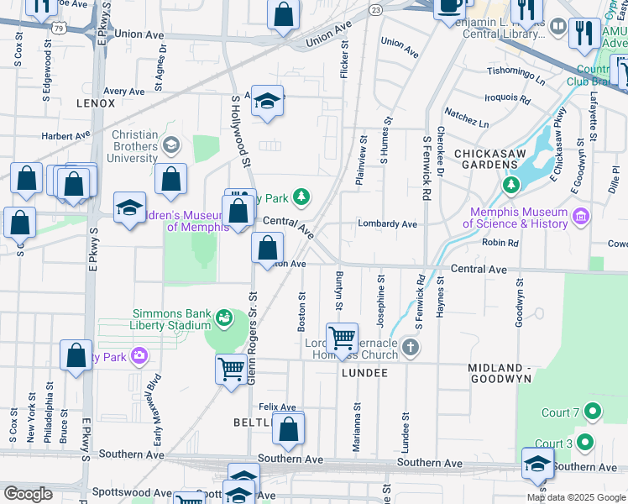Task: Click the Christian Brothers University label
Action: [123, 146]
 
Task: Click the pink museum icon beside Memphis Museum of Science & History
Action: [580, 218]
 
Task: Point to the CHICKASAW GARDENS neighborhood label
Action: [491, 155]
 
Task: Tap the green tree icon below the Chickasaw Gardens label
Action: [510, 184]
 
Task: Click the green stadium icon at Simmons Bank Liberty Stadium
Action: [224, 318]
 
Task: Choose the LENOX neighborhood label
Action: [95, 102]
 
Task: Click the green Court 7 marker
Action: [593, 412]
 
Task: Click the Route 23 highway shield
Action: [375, 9]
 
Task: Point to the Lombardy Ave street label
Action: [387, 224]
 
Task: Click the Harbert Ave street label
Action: [65, 134]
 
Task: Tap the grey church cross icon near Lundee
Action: [410, 347]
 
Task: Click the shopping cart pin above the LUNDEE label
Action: [342, 339]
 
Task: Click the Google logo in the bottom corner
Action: [28, 493]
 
